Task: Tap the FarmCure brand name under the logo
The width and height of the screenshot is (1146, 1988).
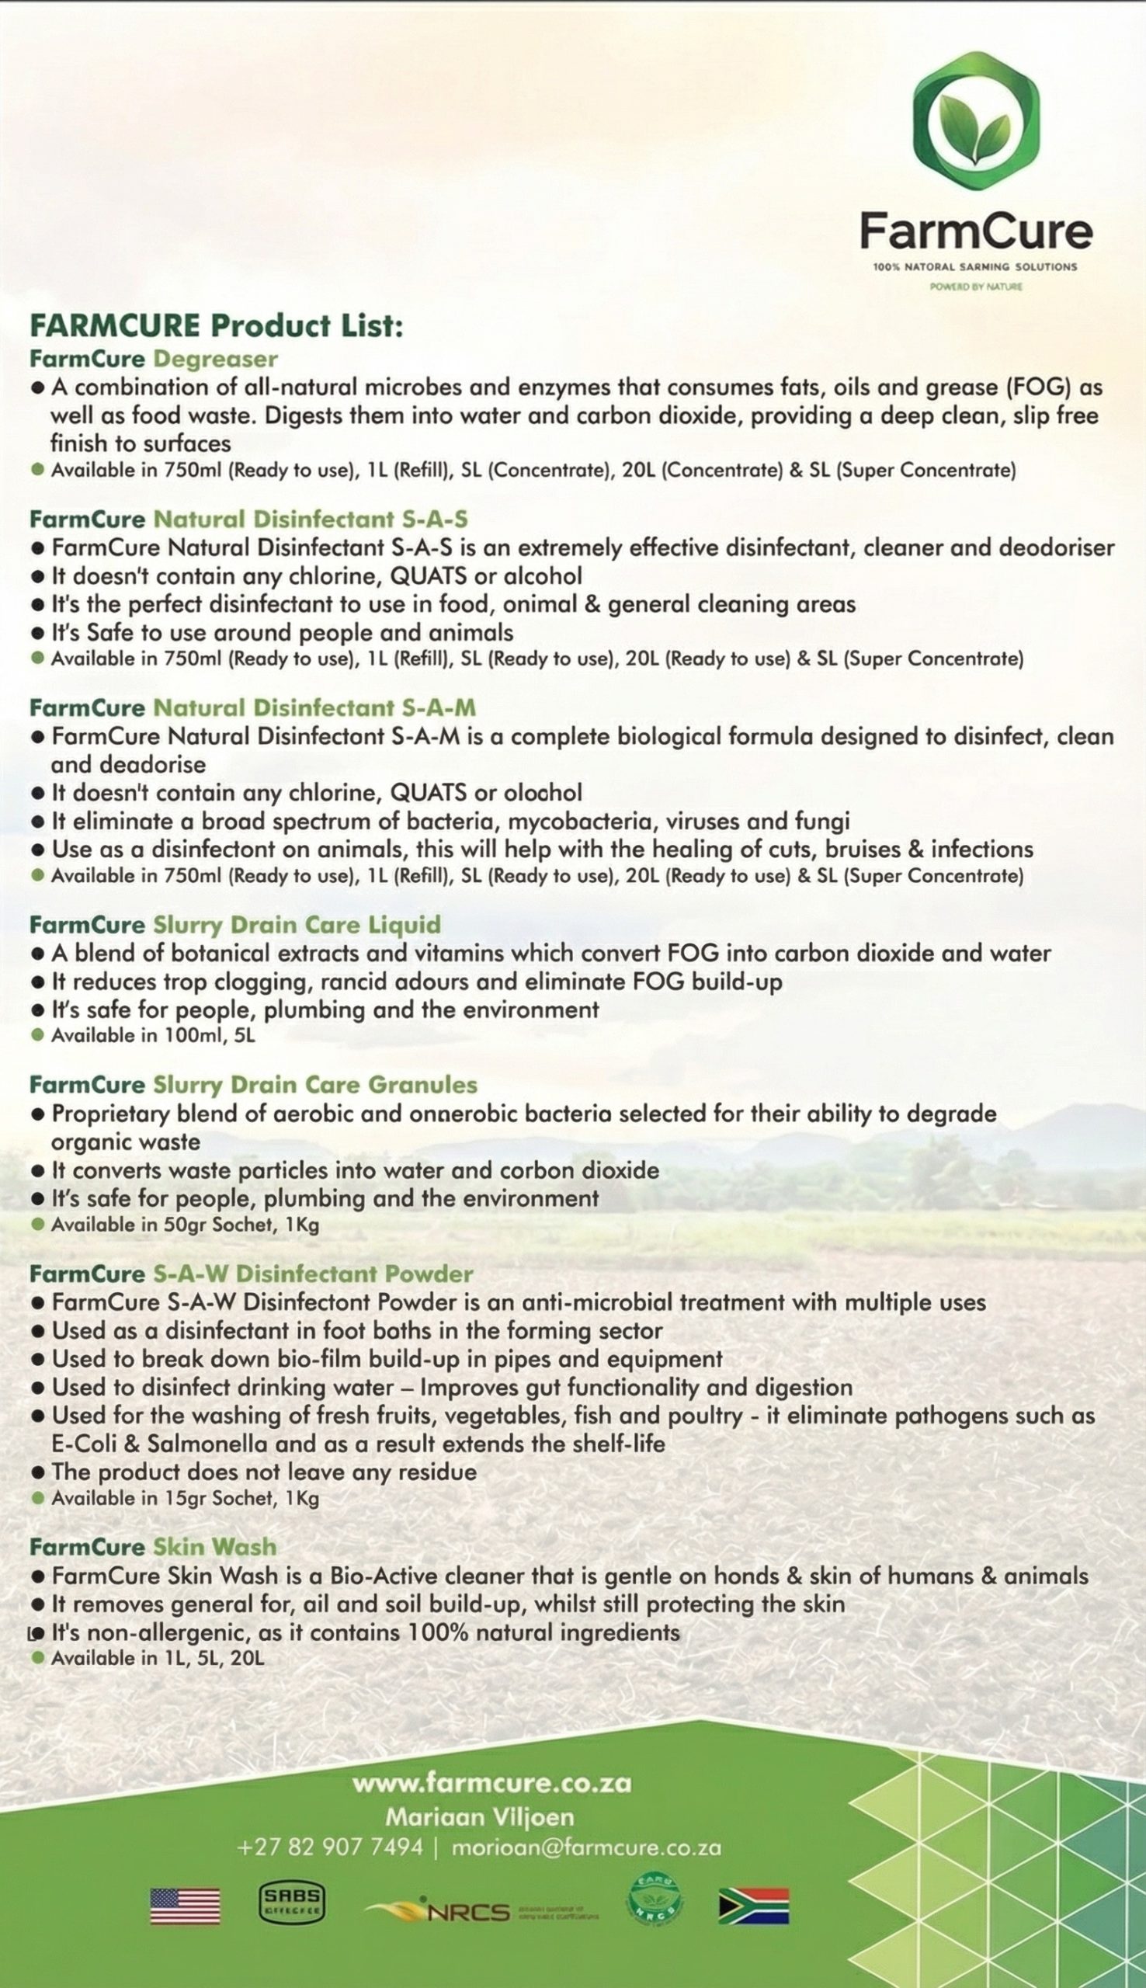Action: (976, 231)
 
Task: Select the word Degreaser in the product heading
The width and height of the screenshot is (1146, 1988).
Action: (215, 359)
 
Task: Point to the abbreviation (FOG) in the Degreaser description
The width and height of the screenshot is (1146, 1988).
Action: (1030, 388)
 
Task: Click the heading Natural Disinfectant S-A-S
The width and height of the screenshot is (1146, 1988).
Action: (310, 519)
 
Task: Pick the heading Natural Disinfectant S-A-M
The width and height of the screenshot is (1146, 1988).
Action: (314, 707)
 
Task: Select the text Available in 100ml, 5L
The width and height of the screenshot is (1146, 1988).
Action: (154, 1035)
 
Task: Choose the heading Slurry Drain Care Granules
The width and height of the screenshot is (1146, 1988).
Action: (314, 1085)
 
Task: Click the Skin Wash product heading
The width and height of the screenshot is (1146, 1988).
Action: (214, 1546)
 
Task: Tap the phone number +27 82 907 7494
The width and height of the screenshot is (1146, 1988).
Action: (330, 1847)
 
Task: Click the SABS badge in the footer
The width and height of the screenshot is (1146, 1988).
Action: (292, 1903)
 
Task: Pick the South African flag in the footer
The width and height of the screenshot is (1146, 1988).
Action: (753, 1906)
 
